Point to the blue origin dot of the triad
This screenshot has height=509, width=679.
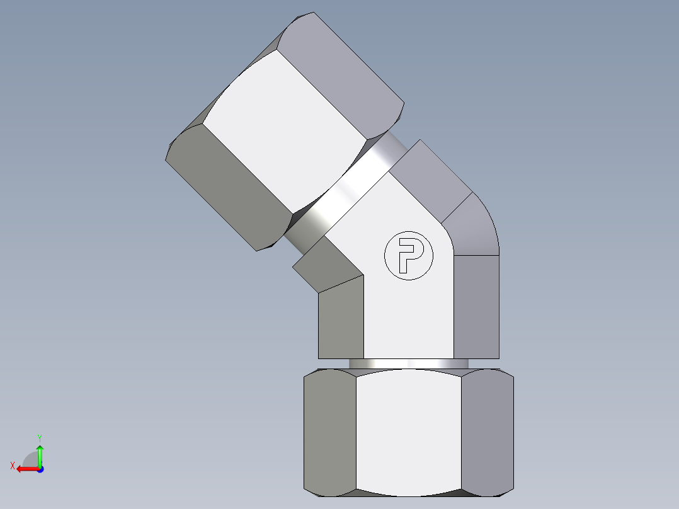40,469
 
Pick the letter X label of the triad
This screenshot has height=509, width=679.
12,466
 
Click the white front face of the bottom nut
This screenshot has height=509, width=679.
408,432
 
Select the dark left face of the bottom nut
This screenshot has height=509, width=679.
329,432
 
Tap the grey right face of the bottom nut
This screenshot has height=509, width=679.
487,432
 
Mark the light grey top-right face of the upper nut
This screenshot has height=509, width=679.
343,69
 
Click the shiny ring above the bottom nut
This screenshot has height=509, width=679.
408,363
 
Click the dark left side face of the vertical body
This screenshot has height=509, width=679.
341,318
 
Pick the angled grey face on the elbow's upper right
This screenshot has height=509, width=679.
431,180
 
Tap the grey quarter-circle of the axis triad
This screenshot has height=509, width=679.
30,459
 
